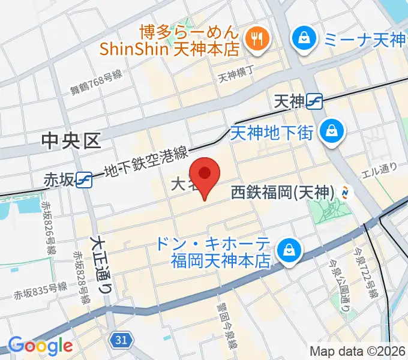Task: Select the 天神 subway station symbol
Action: click(x=314, y=102)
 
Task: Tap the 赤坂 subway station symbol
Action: click(x=84, y=179)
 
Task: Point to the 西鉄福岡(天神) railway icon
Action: click(x=345, y=192)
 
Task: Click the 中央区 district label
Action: click(x=70, y=141)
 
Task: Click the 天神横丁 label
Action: click(x=236, y=76)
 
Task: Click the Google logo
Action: click(x=40, y=345)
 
